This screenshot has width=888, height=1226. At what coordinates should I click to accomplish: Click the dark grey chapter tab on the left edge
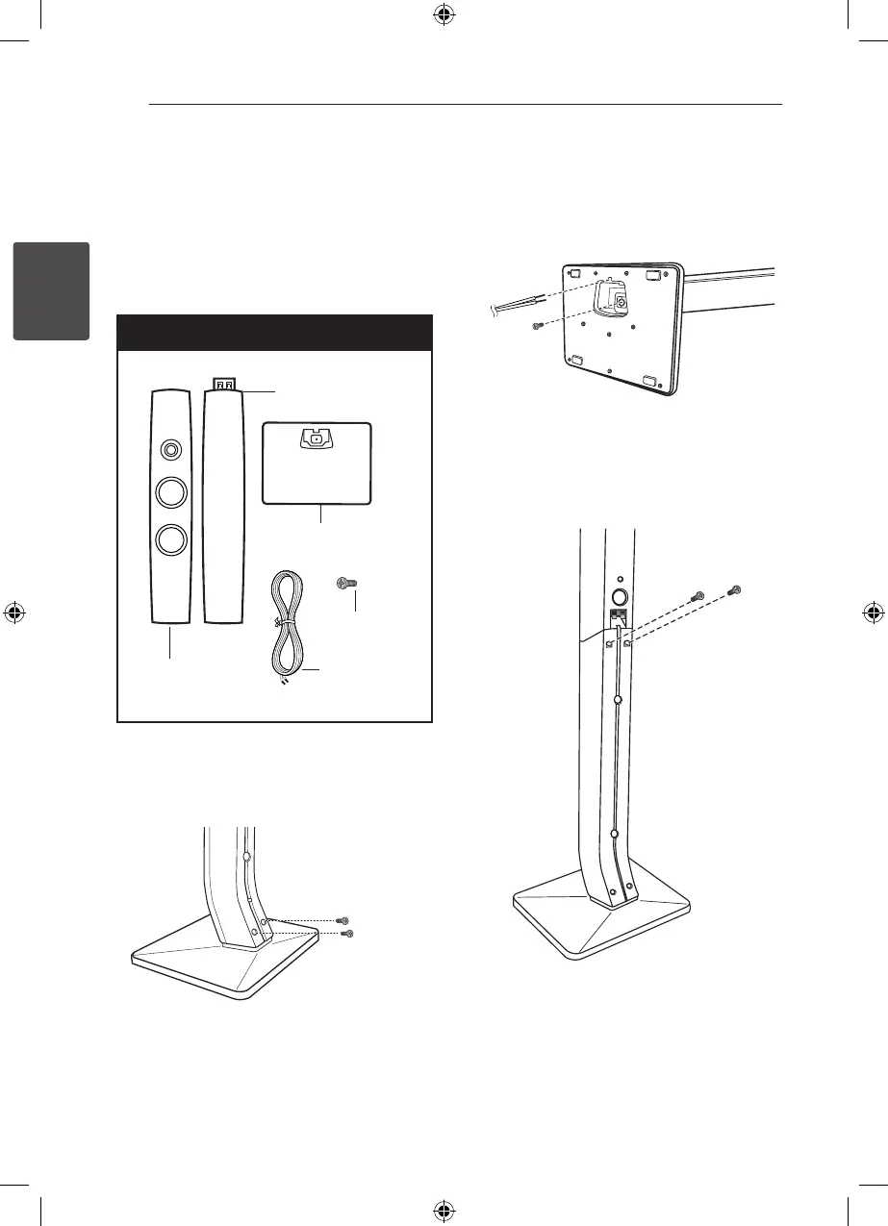coord(50,290)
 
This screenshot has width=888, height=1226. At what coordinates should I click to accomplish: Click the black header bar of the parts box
coord(273,333)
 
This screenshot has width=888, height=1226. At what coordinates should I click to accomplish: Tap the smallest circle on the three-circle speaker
coord(171,448)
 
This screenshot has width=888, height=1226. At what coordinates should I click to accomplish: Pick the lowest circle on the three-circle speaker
coord(171,538)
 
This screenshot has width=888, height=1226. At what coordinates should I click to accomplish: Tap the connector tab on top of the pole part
coord(223,385)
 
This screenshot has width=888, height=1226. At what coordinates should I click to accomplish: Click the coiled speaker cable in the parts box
coord(287,625)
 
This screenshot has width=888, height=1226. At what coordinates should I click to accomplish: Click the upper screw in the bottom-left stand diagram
coord(342,920)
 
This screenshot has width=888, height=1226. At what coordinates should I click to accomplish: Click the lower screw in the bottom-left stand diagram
coord(349,934)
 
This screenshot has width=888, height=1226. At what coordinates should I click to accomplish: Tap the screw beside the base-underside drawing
coord(539,327)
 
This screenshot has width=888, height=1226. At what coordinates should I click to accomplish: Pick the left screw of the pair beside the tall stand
coord(700,596)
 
